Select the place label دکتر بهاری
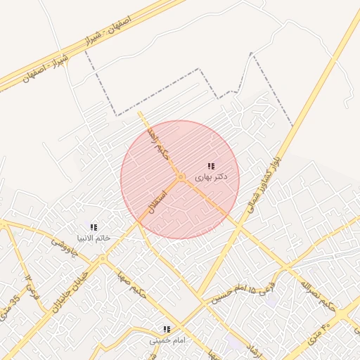click(212, 177)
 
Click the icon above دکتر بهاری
click(211, 166)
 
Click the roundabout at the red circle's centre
click(181, 176)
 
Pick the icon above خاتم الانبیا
click(94, 226)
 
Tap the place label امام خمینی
click(167, 340)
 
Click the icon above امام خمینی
click(167, 328)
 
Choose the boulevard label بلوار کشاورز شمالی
click(262, 183)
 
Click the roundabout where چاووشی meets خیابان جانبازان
click(103, 258)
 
